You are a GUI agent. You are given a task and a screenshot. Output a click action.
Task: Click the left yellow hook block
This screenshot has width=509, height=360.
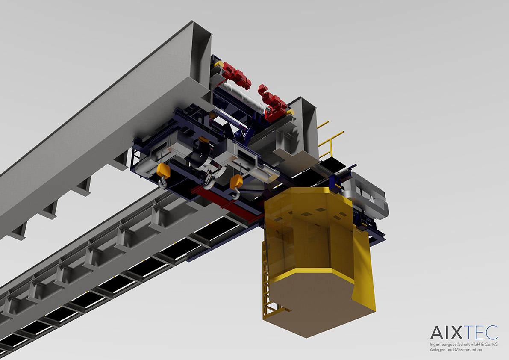pyautogui.click(x=163, y=170)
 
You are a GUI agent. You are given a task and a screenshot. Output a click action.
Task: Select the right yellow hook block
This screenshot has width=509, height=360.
pyautogui.click(x=236, y=181)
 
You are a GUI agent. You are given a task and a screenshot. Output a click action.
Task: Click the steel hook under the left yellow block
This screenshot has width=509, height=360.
pyautogui.click(x=163, y=183)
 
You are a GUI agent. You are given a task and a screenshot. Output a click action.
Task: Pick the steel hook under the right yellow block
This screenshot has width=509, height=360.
pyautogui.click(x=236, y=194)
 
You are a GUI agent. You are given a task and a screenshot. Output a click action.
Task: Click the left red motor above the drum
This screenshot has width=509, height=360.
pyautogui.click(x=237, y=75)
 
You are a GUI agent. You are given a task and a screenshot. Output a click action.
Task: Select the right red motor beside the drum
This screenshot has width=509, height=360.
pyautogui.click(x=272, y=103)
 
